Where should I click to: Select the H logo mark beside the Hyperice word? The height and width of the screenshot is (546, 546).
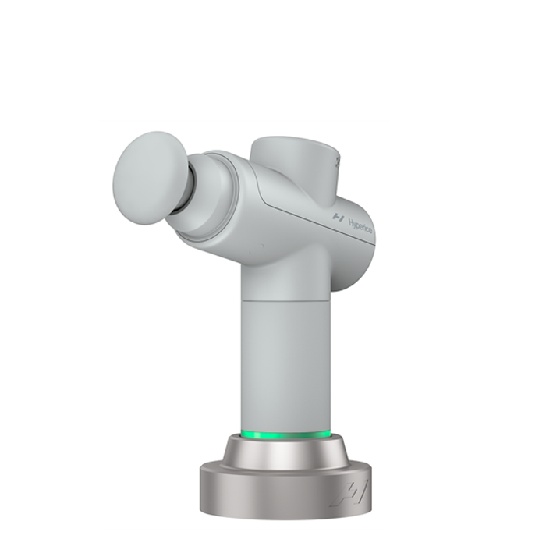(x=339, y=215)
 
